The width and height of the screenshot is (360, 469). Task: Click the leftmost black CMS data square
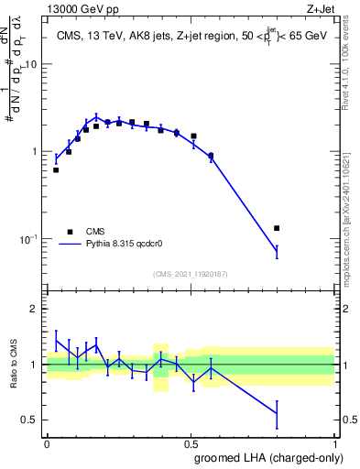pos(56,170)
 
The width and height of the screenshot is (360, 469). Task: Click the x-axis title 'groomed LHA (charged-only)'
pos(275,457)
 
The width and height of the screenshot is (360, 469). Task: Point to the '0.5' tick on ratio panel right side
pos(349,420)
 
